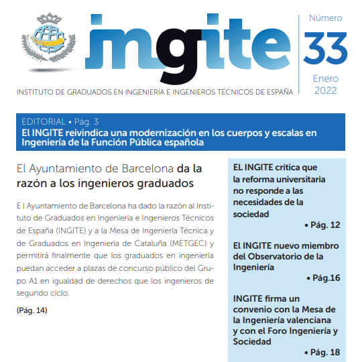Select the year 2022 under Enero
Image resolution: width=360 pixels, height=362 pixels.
(325, 90)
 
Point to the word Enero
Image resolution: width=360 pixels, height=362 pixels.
(325, 78)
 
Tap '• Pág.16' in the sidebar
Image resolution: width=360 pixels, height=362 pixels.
(323, 278)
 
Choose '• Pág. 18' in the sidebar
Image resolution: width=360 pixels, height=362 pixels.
(322, 353)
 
